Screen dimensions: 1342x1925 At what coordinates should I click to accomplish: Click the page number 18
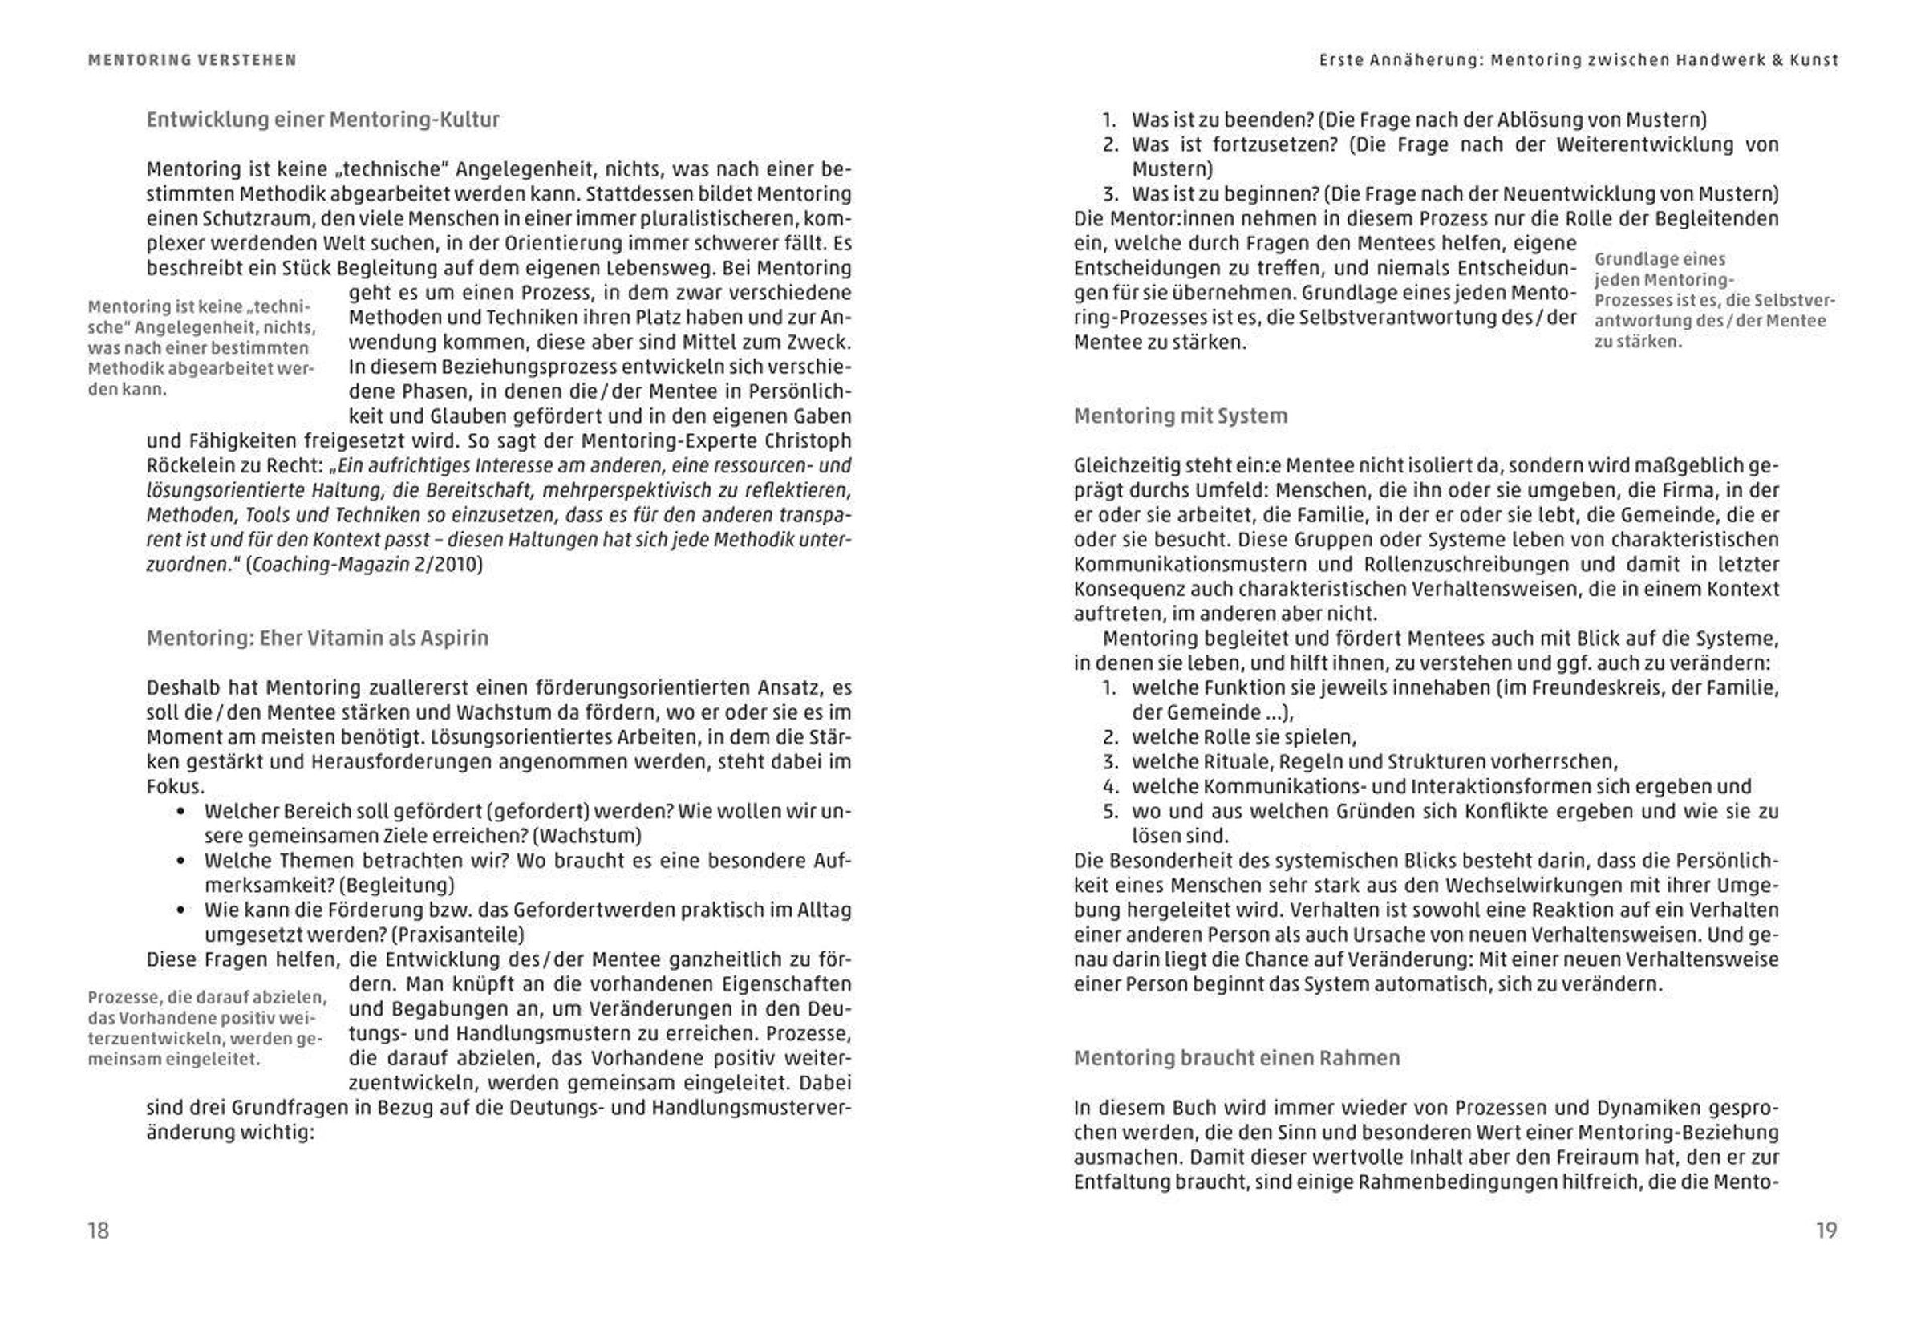pyautogui.click(x=98, y=1230)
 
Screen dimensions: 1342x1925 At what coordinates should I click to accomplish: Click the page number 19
pyautogui.click(x=1826, y=1230)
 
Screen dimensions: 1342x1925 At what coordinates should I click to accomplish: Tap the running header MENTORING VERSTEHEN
pyautogui.click(x=192, y=60)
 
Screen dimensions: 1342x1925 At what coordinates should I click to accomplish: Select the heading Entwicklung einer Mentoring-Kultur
pyautogui.click(x=322, y=120)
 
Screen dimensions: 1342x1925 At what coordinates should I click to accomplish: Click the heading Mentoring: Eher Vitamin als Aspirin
pyautogui.click(x=317, y=638)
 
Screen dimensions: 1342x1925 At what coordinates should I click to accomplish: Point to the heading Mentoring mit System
pyautogui.click(x=1181, y=416)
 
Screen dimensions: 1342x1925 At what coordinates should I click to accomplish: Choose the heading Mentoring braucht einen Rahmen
pyautogui.click(x=1237, y=1058)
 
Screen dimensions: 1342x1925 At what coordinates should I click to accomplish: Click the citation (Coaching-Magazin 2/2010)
pyautogui.click(x=365, y=564)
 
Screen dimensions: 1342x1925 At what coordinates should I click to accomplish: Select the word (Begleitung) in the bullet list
pyautogui.click(x=399, y=885)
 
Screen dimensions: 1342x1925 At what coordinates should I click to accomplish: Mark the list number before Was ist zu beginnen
pyautogui.click(x=1111, y=194)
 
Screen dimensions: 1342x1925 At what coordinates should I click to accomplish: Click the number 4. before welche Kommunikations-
pyautogui.click(x=1111, y=787)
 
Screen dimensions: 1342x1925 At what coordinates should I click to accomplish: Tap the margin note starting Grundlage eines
pyautogui.click(x=1710, y=300)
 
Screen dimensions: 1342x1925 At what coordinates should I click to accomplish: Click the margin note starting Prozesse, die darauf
pyautogui.click(x=206, y=1028)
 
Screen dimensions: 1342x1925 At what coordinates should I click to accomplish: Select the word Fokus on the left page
pyautogui.click(x=173, y=787)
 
